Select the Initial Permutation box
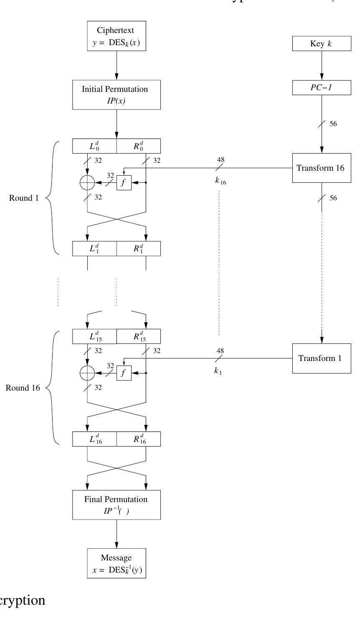click(117, 94)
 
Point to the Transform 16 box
click(322, 168)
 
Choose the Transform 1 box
click(322, 358)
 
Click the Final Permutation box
click(117, 504)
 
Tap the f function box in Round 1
click(124, 183)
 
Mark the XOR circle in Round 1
click(87, 183)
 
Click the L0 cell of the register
click(94, 146)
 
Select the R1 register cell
click(139, 248)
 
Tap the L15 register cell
click(94, 336)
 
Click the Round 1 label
click(23, 198)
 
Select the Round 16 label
click(22, 388)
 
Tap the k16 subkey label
click(221, 182)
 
